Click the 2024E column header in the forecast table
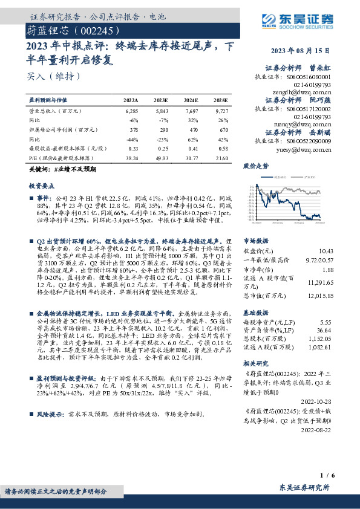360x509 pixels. click(191, 100)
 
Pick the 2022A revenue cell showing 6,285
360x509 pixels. click(131, 111)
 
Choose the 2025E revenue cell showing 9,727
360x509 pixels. click(221, 111)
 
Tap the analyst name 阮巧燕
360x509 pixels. click(321, 100)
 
